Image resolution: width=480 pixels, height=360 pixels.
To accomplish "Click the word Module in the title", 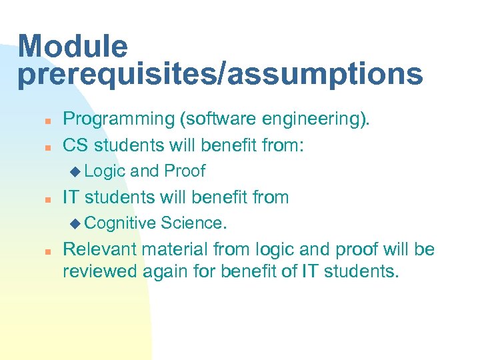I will pyautogui.click(x=73, y=47).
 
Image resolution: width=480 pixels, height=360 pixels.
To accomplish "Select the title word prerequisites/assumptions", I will pyautogui.click(x=220, y=75).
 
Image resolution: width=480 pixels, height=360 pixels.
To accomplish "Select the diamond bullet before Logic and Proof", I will pyautogui.click(x=75, y=171).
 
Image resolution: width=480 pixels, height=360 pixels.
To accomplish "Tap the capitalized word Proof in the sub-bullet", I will pyautogui.click(x=185, y=171).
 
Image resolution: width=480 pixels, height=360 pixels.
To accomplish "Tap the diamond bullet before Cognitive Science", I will pyautogui.click(x=75, y=223).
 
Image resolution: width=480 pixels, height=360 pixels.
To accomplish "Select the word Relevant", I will pyautogui.click(x=100, y=249).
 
